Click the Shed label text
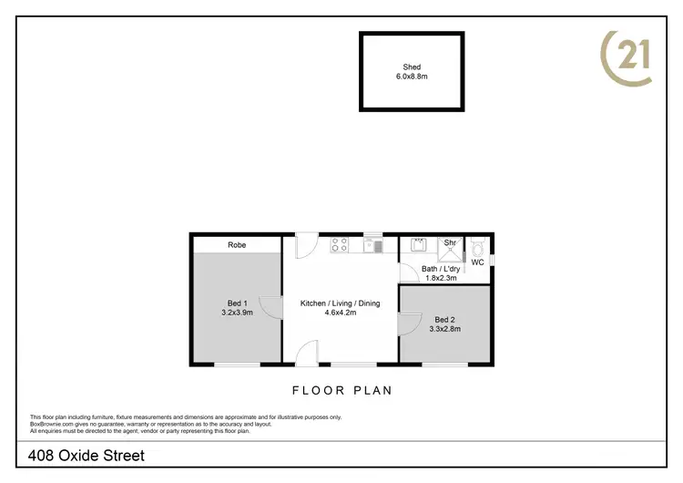(412, 67)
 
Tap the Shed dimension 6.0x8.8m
(412, 77)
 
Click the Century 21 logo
(627, 57)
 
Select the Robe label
(237, 244)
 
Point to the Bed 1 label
(236, 303)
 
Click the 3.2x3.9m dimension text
(236, 313)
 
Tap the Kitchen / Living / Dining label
(340, 303)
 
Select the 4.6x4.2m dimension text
(340, 313)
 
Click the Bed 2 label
(444, 319)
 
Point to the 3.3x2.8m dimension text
(444, 329)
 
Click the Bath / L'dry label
(440, 269)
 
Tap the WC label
(477, 262)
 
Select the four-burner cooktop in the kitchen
(339, 244)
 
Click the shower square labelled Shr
(449, 247)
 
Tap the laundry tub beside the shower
(419, 244)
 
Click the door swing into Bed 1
(270, 306)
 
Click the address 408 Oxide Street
(87, 455)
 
